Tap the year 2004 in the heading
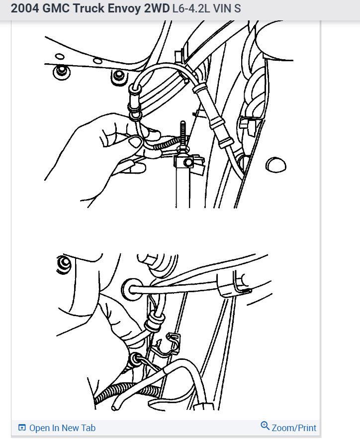[x=24, y=9]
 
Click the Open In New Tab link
[x=62, y=428]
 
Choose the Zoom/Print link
[x=294, y=428]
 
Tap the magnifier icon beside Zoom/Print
[x=265, y=426]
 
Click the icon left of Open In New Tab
[x=22, y=428]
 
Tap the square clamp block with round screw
[x=186, y=162]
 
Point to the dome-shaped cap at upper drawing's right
[x=275, y=164]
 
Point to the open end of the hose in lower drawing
[x=115, y=407]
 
